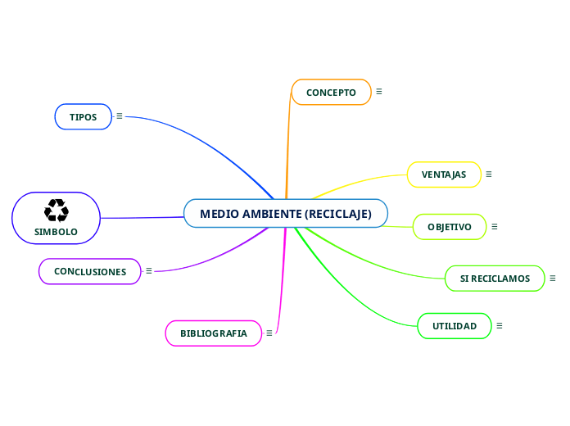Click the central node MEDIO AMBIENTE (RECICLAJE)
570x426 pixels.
[286, 214]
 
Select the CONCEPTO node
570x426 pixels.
[331, 93]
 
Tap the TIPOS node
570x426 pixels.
[83, 117]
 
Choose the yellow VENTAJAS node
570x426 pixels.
[444, 174]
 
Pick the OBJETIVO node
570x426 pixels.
[450, 227]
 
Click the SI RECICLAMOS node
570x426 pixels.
[495, 279]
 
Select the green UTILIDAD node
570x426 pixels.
[455, 326]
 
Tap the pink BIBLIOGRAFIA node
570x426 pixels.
[213, 333]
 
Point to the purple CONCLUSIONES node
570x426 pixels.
[90, 271]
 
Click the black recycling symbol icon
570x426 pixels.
[57, 211]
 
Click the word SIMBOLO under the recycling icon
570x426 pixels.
[56, 232]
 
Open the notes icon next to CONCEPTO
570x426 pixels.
[379, 92]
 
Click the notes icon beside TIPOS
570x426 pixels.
[120, 116]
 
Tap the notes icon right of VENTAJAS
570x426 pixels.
[489, 174]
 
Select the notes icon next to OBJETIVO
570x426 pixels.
[495, 226]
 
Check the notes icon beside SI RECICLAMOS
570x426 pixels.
[553, 278]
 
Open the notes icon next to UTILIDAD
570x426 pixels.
[500, 325]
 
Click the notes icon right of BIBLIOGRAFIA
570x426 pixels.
[269, 333]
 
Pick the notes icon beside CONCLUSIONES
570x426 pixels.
[149, 270]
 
